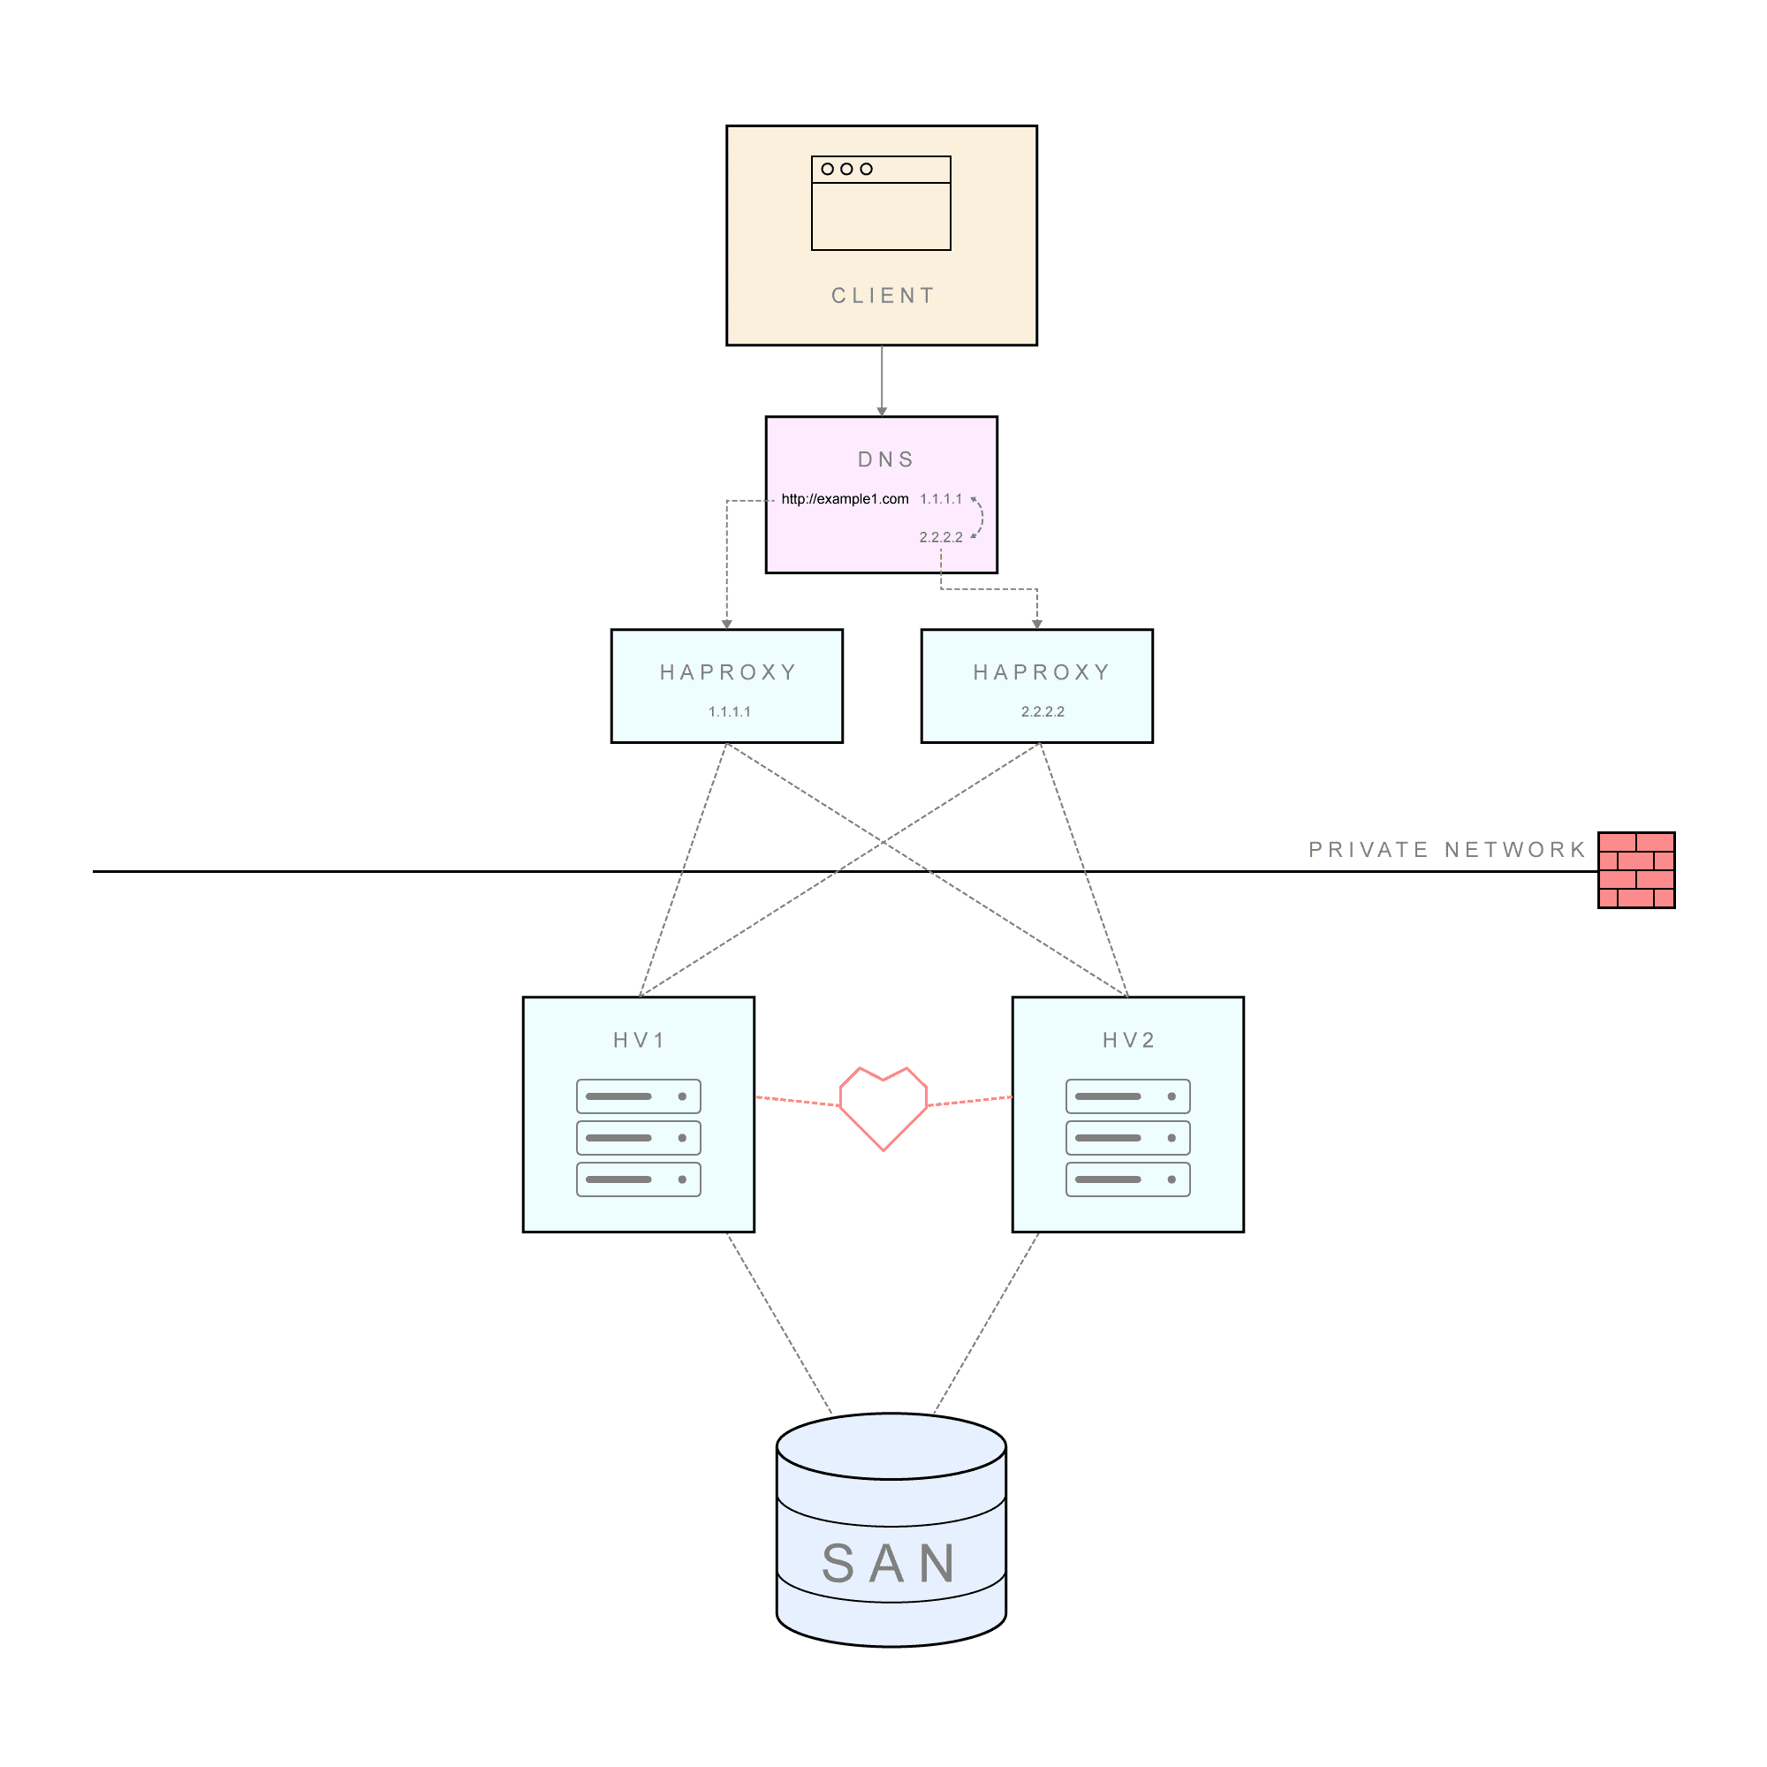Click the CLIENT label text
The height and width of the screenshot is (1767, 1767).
coord(883,295)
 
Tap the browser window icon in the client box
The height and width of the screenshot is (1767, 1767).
coord(881,203)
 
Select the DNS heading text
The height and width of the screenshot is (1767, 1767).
coord(885,459)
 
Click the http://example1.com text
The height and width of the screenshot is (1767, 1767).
coord(846,498)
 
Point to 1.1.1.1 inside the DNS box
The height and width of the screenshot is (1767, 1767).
coord(941,498)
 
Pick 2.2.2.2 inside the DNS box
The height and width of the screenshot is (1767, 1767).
coord(941,537)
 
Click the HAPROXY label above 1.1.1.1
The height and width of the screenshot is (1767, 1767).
coord(728,672)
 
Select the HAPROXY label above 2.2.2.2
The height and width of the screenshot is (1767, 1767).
coord(1042,672)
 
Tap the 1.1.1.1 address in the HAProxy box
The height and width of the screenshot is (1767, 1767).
coord(730,711)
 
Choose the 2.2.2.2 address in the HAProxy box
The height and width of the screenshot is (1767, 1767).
coord(1043,711)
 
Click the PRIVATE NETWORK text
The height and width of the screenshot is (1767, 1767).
coord(1447,850)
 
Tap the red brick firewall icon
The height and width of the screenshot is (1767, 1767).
coord(1636,869)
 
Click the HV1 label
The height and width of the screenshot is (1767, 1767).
coord(639,1040)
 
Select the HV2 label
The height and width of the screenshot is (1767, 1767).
coord(1128,1040)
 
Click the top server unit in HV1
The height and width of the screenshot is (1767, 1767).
coord(639,1096)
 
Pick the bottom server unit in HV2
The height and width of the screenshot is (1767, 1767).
coord(1127,1179)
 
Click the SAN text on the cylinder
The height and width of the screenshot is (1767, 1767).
coord(889,1564)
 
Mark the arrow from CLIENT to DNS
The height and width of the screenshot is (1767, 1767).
coord(882,382)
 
